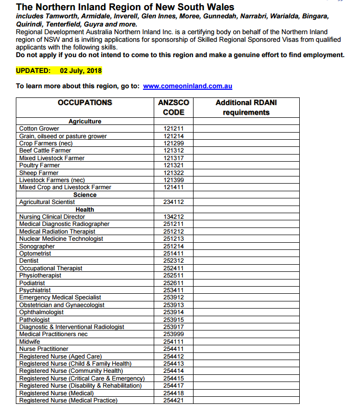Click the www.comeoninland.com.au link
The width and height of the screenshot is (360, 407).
coord(187,86)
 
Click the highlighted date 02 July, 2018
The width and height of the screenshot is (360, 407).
coord(81,70)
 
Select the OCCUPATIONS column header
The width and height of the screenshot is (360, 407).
coord(85,103)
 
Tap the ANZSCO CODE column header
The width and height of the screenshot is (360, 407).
coord(174,107)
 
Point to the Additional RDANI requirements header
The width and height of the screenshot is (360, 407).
coord(246,107)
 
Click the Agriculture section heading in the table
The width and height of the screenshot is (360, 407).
coord(85,121)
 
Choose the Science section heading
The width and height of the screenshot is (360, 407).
coord(85,195)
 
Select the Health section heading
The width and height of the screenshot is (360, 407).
coord(85,210)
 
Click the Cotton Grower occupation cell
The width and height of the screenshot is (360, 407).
coord(39,129)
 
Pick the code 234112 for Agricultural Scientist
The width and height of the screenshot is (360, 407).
coord(174,202)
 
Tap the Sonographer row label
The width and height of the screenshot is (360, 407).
coord(37,246)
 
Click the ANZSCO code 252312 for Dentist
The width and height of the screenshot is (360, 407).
coord(174,261)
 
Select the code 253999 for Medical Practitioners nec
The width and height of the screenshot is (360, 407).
coord(174,334)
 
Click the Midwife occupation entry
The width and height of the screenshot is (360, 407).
coord(29,342)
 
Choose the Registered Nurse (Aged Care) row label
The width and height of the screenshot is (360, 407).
coord(60,357)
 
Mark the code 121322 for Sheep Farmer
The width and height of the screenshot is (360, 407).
coord(174,173)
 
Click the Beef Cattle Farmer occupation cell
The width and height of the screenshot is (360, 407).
coord(45,150)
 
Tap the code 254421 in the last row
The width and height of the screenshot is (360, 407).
coord(174,400)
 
